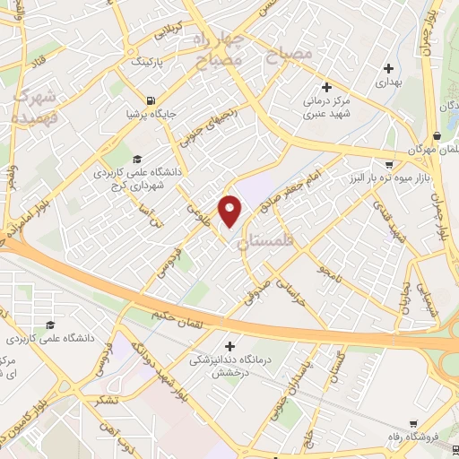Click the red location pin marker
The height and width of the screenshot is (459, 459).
point(230,210)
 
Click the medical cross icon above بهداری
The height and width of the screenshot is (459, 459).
point(387,68)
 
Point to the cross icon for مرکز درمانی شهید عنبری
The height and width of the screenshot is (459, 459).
point(327,87)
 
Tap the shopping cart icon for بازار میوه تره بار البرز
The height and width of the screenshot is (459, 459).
point(387,165)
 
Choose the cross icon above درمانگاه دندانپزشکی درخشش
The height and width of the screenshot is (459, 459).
point(229,346)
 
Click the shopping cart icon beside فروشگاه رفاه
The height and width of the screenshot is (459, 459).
point(411,425)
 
